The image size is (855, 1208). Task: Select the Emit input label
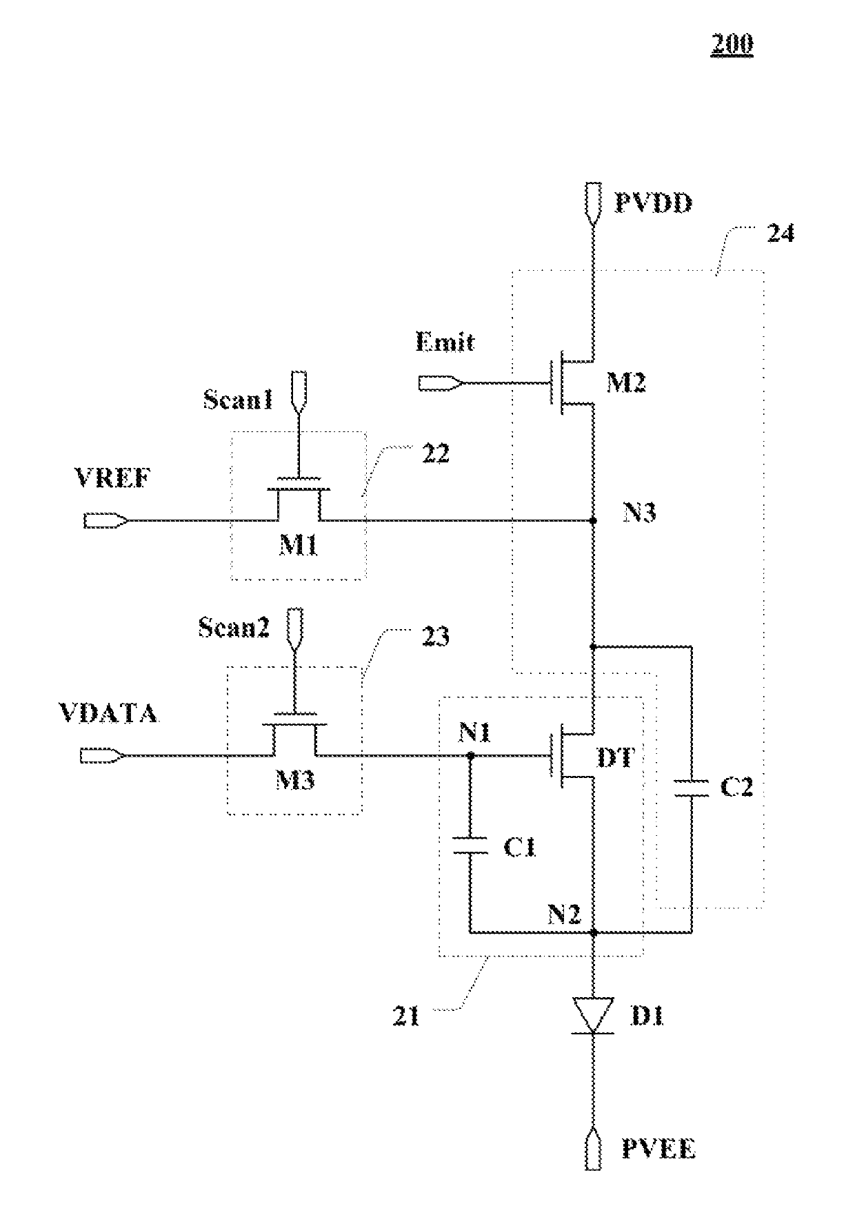pyautogui.click(x=445, y=342)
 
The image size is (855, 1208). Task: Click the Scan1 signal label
pyautogui.click(x=238, y=400)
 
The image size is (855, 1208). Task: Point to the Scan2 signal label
pyautogui.click(x=234, y=627)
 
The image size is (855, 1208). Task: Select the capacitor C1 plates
pyautogui.click(x=470, y=845)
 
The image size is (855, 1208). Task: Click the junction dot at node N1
pyautogui.click(x=470, y=755)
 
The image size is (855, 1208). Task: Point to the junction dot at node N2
pyautogui.click(x=593, y=932)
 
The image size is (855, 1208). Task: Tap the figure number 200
pyautogui.click(x=732, y=45)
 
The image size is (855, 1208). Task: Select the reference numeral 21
pyautogui.click(x=405, y=1016)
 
